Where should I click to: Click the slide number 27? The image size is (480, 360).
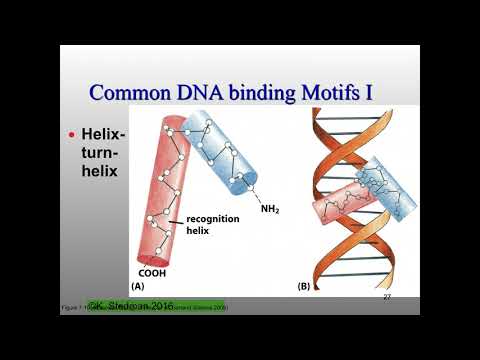pos(387,298)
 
